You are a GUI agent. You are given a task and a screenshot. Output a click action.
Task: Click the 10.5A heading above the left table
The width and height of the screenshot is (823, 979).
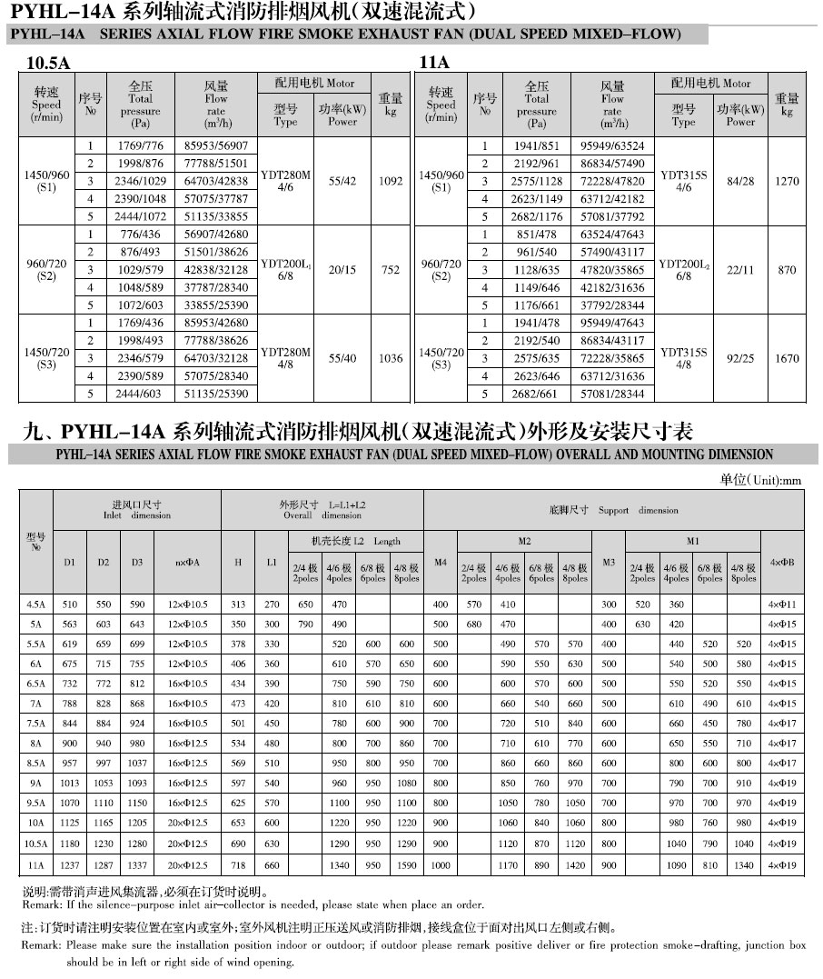pos(49,63)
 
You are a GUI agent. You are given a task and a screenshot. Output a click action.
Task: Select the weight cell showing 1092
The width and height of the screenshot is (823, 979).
pos(391,181)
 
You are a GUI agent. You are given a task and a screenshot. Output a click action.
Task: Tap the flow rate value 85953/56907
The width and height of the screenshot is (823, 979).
pos(216,145)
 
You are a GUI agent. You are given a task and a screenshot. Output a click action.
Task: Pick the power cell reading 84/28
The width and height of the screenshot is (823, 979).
pos(741,181)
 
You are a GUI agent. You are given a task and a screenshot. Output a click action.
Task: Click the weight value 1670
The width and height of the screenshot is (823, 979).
pos(787,359)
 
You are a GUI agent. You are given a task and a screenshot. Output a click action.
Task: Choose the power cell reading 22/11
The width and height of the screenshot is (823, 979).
pos(741,270)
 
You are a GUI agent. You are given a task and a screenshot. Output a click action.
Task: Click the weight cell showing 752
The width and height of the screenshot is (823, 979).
pos(391,270)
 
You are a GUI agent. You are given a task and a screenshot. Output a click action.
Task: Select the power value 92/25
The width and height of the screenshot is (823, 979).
pos(741,359)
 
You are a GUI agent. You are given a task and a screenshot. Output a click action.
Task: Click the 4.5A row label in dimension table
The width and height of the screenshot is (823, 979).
pos(35,604)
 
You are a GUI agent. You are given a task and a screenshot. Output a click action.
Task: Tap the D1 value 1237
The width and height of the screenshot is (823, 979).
pos(70,866)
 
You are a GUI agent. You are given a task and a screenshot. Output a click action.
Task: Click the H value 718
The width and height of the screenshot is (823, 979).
pos(238,866)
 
